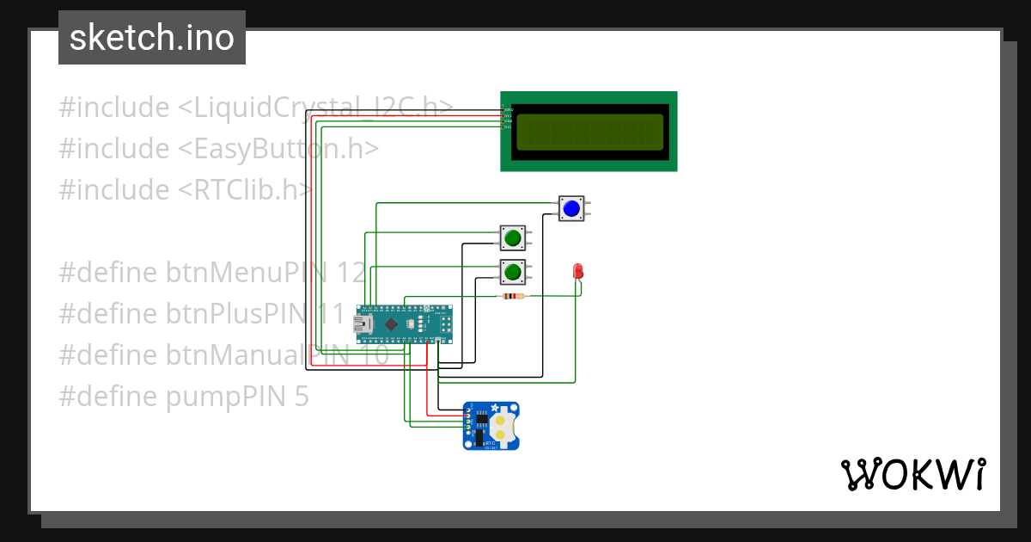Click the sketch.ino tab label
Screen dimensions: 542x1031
(x=152, y=38)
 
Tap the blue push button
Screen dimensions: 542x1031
(x=571, y=207)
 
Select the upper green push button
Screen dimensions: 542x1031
(x=513, y=237)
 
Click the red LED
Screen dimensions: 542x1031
(x=578, y=272)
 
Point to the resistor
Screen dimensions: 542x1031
(x=512, y=297)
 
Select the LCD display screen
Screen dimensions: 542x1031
(x=589, y=132)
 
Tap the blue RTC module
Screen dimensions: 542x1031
(x=491, y=425)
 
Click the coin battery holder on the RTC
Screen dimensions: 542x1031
(x=503, y=424)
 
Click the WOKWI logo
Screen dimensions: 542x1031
(x=912, y=474)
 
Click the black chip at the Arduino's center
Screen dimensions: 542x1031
(x=391, y=324)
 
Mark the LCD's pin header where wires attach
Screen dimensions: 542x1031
(x=505, y=118)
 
